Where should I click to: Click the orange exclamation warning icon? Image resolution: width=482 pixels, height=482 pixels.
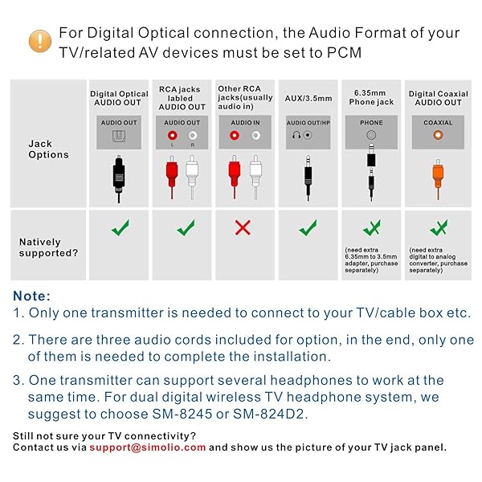(40, 41)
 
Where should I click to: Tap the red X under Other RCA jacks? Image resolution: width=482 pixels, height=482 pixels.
(243, 228)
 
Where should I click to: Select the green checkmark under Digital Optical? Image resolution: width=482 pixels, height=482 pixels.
(120, 227)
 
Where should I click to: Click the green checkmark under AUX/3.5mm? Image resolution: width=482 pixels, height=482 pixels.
(308, 227)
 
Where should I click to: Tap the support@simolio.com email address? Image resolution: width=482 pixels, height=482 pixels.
(148, 447)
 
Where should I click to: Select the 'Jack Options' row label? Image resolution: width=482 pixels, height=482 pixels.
(48, 149)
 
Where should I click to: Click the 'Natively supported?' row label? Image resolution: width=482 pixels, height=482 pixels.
(48, 247)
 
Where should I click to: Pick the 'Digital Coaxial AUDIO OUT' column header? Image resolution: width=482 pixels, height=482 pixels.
(438, 98)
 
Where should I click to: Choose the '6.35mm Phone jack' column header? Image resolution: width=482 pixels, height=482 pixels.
(371, 97)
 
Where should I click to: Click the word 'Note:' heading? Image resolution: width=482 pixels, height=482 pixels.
(31, 296)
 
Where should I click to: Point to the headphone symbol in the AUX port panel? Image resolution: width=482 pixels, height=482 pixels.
(296, 135)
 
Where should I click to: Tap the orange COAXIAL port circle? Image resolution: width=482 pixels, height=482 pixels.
(438, 135)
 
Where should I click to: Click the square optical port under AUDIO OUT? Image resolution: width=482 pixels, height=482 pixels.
(119, 136)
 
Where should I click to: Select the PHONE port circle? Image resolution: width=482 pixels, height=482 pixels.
(371, 135)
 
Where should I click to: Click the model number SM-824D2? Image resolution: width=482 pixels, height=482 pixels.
(268, 414)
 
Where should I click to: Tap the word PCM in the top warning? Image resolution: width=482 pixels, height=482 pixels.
(344, 52)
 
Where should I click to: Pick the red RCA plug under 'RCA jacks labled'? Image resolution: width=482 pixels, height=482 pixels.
(172, 177)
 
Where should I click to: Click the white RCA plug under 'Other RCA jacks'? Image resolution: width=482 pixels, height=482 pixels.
(255, 177)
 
